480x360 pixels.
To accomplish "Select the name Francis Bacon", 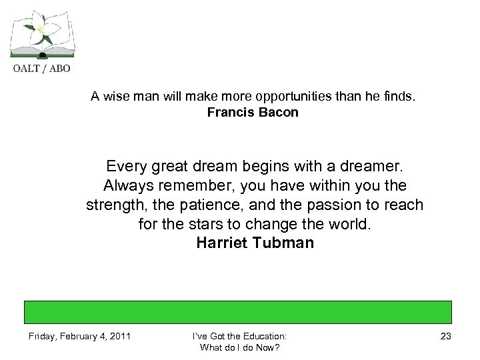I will (253, 113).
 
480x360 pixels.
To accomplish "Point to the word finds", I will (398, 97).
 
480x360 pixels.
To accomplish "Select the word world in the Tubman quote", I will (344, 225).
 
